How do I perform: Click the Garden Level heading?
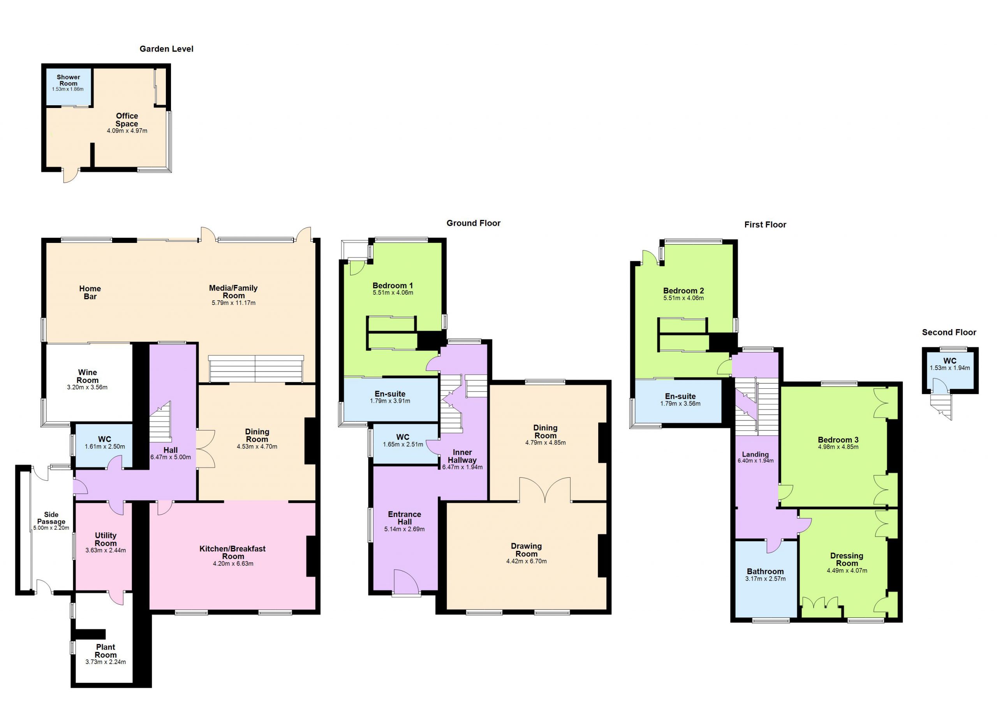tap(166, 49)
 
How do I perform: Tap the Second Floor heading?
tap(949, 333)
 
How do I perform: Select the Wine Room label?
tap(88, 376)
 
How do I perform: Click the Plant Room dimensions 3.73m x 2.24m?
tap(106, 662)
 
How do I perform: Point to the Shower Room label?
tap(68, 80)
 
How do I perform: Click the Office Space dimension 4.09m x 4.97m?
tap(127, 131)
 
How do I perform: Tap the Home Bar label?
tap(90, 292)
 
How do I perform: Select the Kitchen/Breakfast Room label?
tap(233, 552)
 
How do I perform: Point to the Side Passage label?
tap(51, 518)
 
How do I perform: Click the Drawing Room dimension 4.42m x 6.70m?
tap(526, 561)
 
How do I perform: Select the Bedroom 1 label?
tap(393, 285)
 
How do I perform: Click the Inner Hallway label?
tap(462, 456)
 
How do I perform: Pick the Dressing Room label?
tap(847, 559)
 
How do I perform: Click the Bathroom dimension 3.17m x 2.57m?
tap(765, 579)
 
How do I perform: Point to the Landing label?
tap(755, 455)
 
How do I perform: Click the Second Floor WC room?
tap(950, 370)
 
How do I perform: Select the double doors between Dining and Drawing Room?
tap(545, 490)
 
